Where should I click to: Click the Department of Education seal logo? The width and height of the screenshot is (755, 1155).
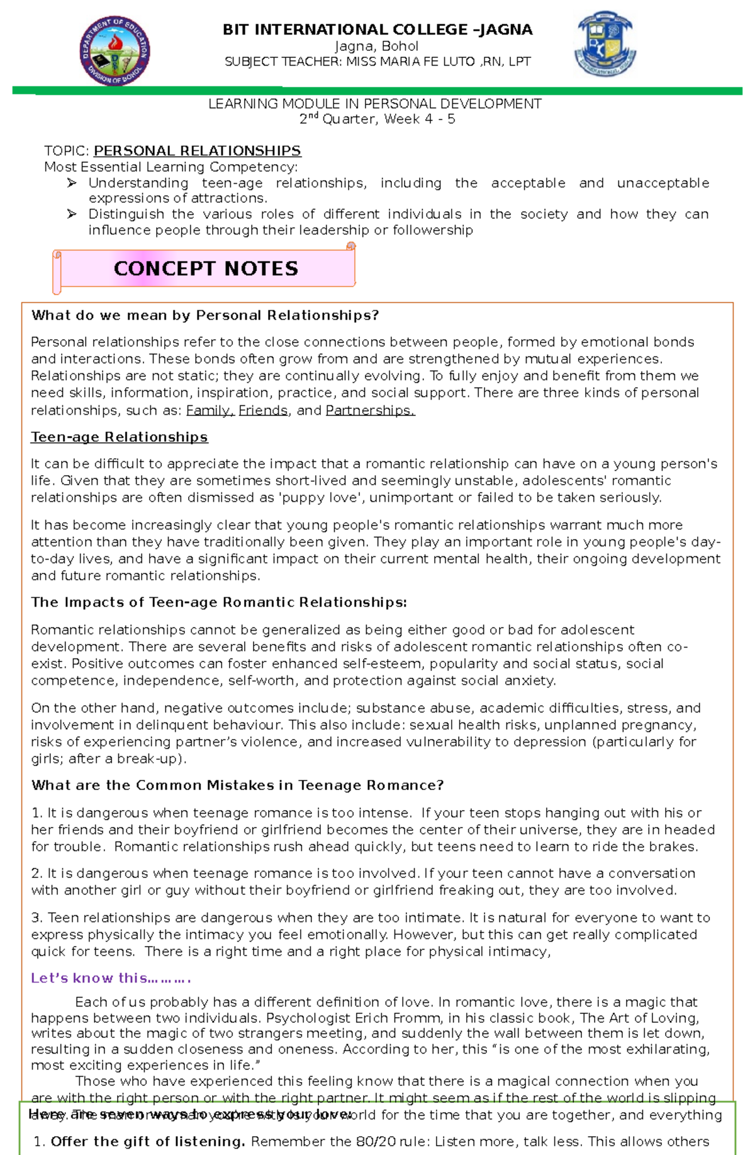[115, 51]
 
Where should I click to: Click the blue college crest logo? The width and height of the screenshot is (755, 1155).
[605, 44]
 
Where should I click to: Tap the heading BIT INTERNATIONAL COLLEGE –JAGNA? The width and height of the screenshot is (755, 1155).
[377, 30]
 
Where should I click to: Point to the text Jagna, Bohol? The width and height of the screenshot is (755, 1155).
[377, 46]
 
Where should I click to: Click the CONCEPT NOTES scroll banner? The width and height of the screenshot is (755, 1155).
[205, 269]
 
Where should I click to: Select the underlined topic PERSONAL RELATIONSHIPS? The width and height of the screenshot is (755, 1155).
[197, 151]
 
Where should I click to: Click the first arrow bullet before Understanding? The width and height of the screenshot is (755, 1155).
[72, 183]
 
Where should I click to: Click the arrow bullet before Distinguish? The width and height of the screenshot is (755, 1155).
[72, 214]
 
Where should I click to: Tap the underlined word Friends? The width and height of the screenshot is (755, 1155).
[263, 410]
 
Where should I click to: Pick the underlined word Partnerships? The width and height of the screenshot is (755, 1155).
[369, 410]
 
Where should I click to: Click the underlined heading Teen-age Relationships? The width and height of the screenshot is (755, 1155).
[120, 437]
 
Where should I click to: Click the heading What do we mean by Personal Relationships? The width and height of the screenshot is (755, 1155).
[205, 315]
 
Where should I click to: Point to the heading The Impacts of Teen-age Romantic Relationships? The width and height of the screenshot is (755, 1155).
[219, 602]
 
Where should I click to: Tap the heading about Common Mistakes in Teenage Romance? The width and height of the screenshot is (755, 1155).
[237, 786]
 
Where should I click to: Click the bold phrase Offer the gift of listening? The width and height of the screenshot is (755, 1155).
[148, 1142]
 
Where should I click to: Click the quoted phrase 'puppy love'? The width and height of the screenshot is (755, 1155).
[320, 498]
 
